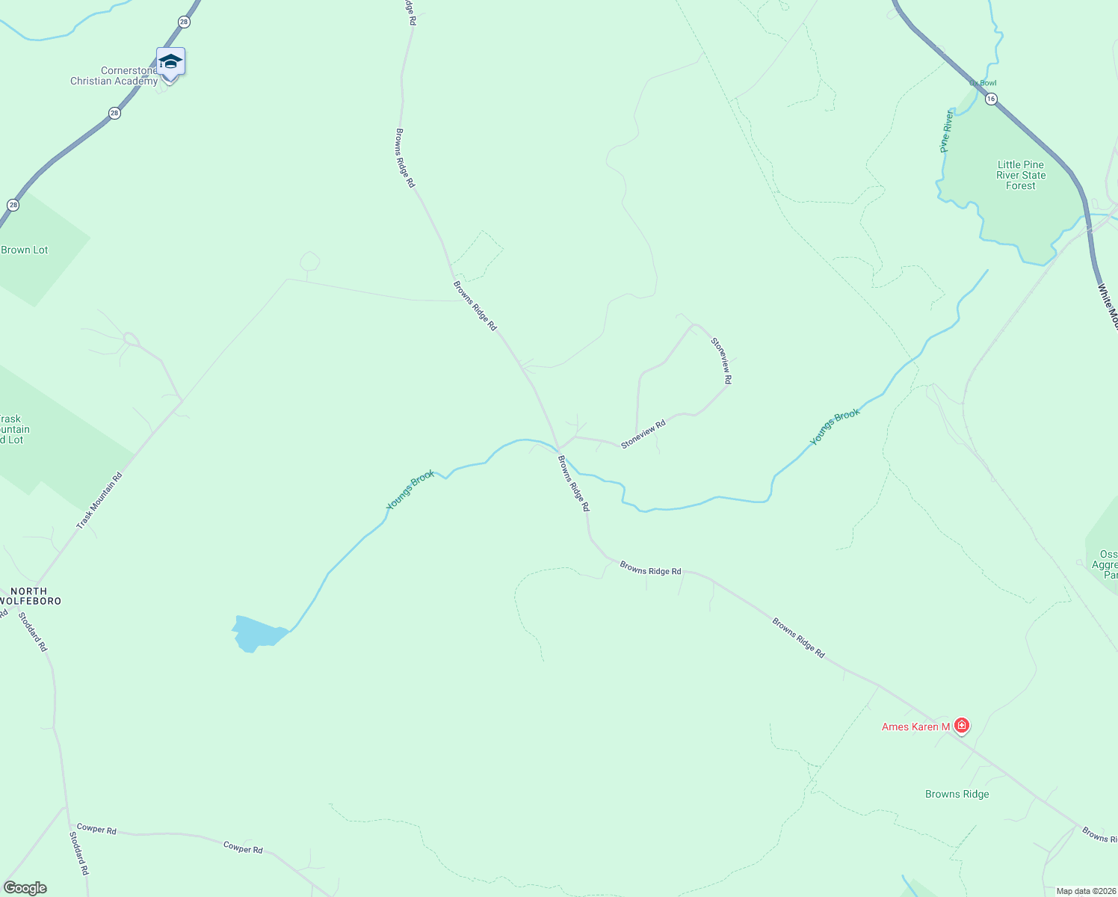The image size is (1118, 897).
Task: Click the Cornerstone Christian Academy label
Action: click(114, 76)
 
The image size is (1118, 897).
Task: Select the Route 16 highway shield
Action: click(991, 99)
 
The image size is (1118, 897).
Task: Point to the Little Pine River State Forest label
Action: click(1021, 176)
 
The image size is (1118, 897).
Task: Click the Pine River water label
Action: click(946, 132)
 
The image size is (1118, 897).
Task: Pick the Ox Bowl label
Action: click(983, 83)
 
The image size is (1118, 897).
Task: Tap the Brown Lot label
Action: click(25, 250)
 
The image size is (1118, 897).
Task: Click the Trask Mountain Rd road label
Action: click(99, 501)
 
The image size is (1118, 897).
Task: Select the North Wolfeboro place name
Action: click(30, 596)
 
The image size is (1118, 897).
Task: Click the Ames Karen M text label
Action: click(915, 727)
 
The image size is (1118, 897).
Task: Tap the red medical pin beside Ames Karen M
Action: click(962, 725)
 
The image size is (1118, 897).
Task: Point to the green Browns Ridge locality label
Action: click(957, 795)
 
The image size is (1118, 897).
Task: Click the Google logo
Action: click(25, 888)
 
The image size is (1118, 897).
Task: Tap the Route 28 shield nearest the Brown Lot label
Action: click(13, 205)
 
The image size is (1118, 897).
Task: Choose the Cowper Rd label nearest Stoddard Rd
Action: click(96, 830)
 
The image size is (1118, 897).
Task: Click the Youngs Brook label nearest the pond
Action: click(410, 490)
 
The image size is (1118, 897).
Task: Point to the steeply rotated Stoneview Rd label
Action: click(721, 361)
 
